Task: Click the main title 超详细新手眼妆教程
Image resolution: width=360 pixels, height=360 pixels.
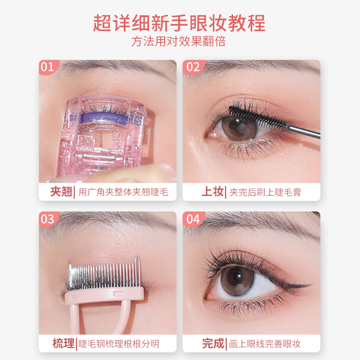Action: [180, 22]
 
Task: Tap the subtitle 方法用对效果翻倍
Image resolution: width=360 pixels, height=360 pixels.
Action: [180, 42]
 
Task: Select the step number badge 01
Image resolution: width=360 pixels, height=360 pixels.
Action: [47, 67]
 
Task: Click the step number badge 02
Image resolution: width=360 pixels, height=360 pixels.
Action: [193, 67]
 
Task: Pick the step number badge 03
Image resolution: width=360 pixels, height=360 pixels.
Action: [47, 219]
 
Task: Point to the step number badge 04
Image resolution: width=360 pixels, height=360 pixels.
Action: [193, 219]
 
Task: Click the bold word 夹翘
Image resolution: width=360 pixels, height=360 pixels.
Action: [61, 192]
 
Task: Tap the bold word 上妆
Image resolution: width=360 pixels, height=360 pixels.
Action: [212, 192]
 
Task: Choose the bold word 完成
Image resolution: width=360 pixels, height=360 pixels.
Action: [213, 344]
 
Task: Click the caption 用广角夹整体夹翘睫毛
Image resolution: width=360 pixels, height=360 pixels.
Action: [123, 193]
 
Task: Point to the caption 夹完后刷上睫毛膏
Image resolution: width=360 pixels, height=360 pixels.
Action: [265, 193]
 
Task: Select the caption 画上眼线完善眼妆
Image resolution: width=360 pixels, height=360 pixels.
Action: [265, 344]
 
